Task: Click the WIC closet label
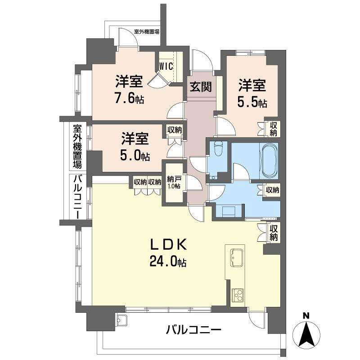click(166, 66)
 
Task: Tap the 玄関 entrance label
click(200, 87)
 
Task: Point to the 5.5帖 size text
click(252, 103)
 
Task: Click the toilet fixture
click(218, 149)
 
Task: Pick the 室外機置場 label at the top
click(146, 32)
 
